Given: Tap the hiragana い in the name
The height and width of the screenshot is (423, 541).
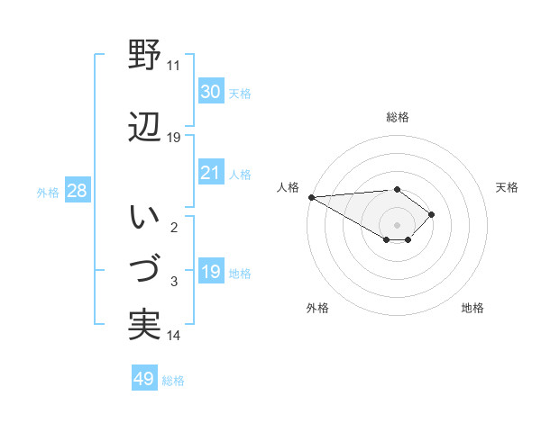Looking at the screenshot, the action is [144, 218].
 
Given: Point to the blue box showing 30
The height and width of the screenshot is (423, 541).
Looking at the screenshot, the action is [210, 92].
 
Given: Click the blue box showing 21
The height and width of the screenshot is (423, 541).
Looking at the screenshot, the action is [210, 173].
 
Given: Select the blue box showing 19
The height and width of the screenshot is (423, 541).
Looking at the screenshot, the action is [210, 272].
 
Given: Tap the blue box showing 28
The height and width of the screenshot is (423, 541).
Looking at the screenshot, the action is [77, 191].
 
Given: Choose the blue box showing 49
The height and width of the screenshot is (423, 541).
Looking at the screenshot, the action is [144, 379].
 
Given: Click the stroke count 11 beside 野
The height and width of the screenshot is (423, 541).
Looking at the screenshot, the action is [173, 66].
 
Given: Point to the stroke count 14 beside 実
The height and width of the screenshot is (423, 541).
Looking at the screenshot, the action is [173, 336].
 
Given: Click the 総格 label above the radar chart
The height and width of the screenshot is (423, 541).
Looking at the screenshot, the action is [397, 117].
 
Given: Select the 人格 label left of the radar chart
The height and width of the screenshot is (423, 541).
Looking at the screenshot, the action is [287, 187].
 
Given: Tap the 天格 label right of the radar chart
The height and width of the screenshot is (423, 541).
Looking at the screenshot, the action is [508, 187].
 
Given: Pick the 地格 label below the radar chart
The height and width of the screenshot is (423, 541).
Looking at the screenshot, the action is [472, 308].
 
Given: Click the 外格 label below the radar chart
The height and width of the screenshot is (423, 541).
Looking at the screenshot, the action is [317, 308].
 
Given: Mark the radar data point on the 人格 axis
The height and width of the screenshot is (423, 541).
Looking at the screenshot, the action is [311, 197].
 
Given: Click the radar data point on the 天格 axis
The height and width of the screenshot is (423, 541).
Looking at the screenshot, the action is [433, 214].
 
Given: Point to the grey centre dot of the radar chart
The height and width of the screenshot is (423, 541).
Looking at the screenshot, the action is [397, 224].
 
